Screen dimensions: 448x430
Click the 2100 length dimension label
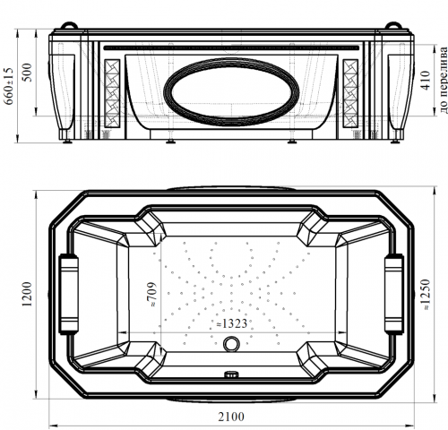pyautogui.click(x=231, y=417)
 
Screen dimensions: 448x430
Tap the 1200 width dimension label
pyautogui.click(x=27, y=294)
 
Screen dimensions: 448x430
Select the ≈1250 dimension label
pyautogui.click(x=425, y=295)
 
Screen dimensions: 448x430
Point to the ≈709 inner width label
pyautogui.click(x=151, y=295)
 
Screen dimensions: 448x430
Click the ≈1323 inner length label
pyautogui.click(x=232, y=323)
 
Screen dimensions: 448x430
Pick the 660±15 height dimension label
pyautogui.click(x=9, y=86)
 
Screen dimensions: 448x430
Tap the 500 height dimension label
pyautogui.click(x=28, y=73)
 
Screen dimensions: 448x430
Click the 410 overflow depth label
pyautogui.click(x=426, y=80)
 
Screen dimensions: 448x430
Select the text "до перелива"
pyautogui.click(x=444, y=80)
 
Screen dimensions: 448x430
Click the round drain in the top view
pyautogui.click(x=231, y=343)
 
